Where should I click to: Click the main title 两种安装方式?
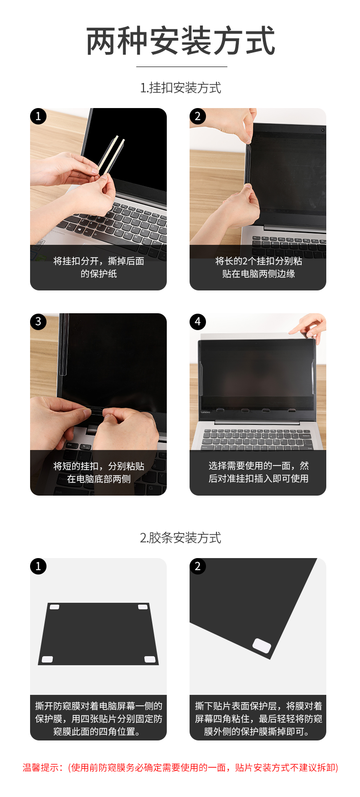[x=180, y=41]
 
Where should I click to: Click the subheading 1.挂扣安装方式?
[x=180, y=88]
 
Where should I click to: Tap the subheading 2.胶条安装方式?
[x=180, y=538]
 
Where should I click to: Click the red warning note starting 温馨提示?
[x=180, y=767]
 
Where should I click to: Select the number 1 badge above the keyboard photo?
[x=38, y=116]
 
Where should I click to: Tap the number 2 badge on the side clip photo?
[x=198, y=116]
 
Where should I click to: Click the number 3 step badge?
[x=38, y=321]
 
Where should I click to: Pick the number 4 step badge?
[x=198, y=321]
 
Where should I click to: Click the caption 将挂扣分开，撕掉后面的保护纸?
[x=98, y=267]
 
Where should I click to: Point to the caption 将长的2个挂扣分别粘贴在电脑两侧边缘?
[x=258, y=267]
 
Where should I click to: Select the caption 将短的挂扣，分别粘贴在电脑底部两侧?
[x=98, y=472]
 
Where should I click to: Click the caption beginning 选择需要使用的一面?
[x=258, y=472]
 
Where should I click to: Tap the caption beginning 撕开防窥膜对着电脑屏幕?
[x=98, y=719]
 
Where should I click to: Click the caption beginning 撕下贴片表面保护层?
[x=258, y=719]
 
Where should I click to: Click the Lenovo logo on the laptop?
[x=206, y=412]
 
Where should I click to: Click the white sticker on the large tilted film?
[x=262, y=646]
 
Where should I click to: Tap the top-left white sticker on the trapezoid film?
[x=54, y=607]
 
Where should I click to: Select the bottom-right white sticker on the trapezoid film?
[x=150, y=659]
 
